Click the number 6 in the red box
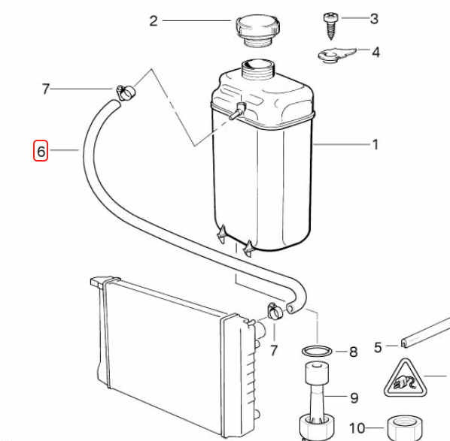(41, 151)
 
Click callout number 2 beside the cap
(154, 21)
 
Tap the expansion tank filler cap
(257, 31)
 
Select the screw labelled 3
(331, 26)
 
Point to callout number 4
(376, 52)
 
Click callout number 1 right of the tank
(376, 144)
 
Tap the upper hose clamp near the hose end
(126, 92)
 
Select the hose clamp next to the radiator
(275, 311)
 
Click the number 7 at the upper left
(46, 89)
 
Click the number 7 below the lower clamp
(274, 350)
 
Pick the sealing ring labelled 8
(317, 351)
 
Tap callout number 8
(353, 352)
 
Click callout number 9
(354, 397)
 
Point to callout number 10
(357, 428)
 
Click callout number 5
(378, 347)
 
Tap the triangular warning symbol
(405, 379)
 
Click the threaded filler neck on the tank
(259, 69)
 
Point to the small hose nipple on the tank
(237, 111)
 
